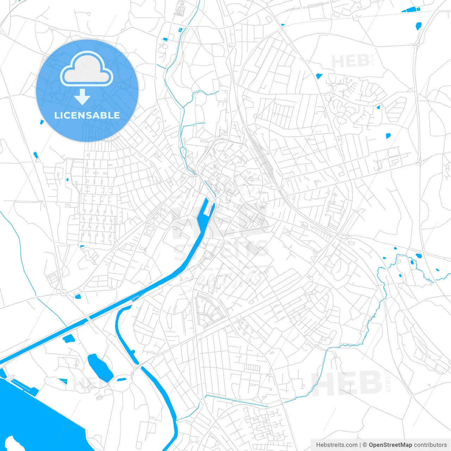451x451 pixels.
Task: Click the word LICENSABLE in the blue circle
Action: (87, 115)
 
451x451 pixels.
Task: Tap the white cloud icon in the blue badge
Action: (87, 69)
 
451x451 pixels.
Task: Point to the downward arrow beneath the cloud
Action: (82, 97)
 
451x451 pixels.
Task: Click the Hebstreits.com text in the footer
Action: (337, 445)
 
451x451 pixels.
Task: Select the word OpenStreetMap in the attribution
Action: (390, 445)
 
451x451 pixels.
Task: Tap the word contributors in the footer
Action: (430, 445)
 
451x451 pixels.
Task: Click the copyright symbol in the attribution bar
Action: (365, 445)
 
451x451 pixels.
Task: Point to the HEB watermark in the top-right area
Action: (350, 61)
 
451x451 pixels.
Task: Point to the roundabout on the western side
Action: (63, 292)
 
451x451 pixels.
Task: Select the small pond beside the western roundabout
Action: (78, 296)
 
